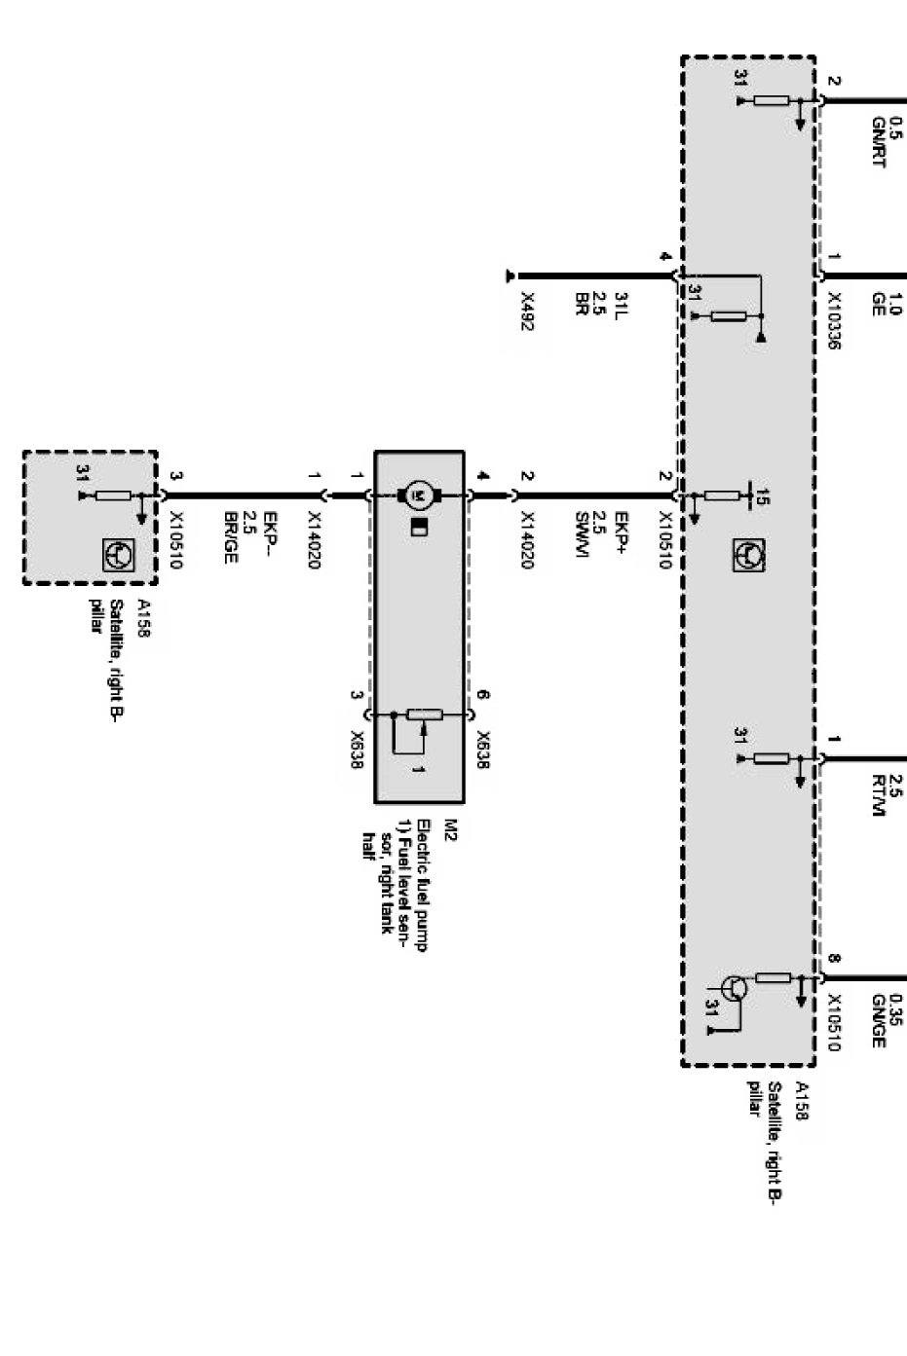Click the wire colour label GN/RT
point(878,143)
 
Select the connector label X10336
point(834,321)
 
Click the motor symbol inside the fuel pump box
point(420,495)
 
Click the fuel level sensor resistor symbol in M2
point(424,715)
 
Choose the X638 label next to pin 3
point(357,750)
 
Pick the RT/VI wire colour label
point(878,796)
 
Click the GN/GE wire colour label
point(878,1021)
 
